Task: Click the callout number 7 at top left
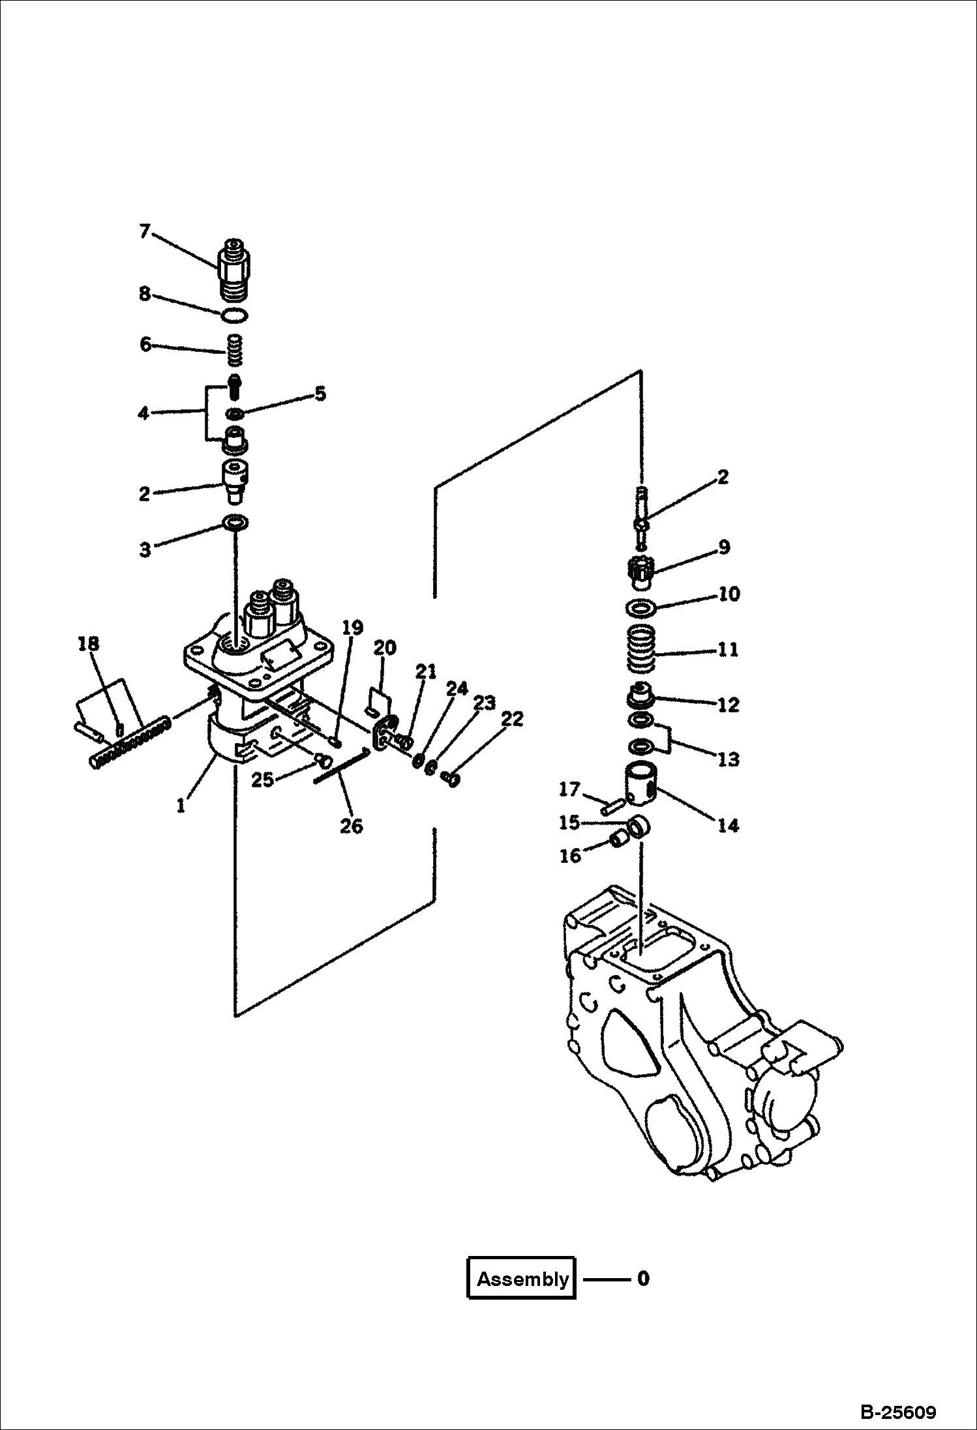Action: pyautogui.click(x=145, y=231)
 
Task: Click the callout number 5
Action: pyautogui.click(x=320, y=394)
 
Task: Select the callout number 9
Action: pyautogui.click(x=724, y=547)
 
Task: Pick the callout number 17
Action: pyautogui.click(x=569, y=789)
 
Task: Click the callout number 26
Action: pyautogui.click(x=351, y=826)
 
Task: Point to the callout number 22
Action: pyautogui.click(x=512, y=719)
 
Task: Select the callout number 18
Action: pyautogui.click(x=88, y=644)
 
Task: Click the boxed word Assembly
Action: pyautogui.click(x=522, y=1278)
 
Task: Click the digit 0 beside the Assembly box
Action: pyautogui.click(x=643, y=1278)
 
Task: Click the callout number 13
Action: pyautogui.click(x=728, y=759)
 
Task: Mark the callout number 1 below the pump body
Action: pyautogui.click(x=181, y=806)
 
